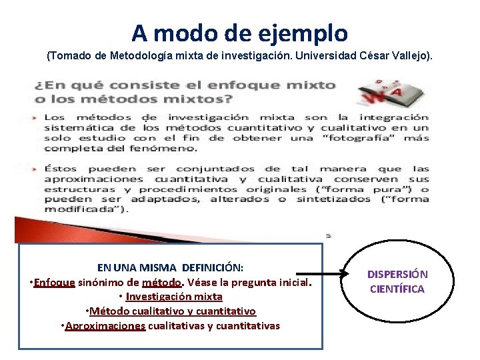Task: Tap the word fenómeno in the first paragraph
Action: pyautogui.click(x=160, y=148)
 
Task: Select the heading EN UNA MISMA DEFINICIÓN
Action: pyautogui.click(x=170, y=267)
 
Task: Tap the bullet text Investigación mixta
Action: pyautogui.click(x=174, y=297)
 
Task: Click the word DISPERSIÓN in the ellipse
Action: pyautogui.click(x=397, y=274)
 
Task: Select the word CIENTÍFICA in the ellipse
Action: pyautogui.click(x=397, y=289)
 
